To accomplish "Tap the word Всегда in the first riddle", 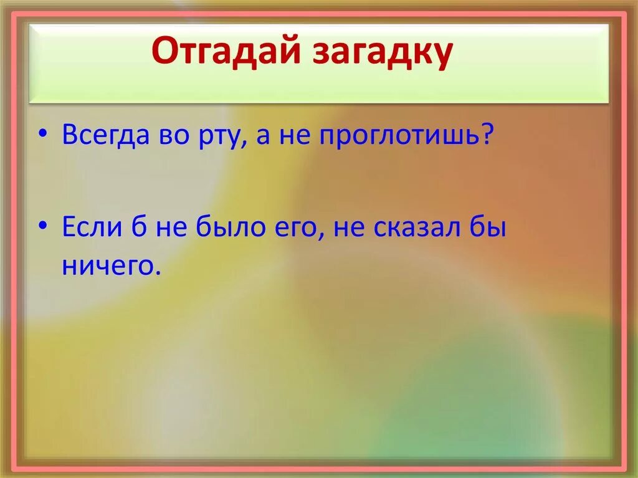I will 103,135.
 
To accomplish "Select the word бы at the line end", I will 492,229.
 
